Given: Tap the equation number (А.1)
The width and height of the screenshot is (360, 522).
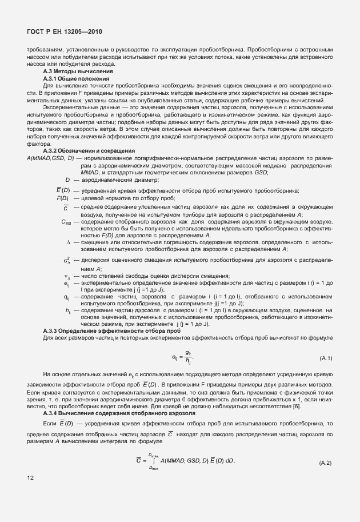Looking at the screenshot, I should point(326,358).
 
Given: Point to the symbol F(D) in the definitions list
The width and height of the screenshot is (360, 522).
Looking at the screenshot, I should point(62,198).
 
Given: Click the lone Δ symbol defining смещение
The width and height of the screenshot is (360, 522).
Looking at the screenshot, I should point(68,242).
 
